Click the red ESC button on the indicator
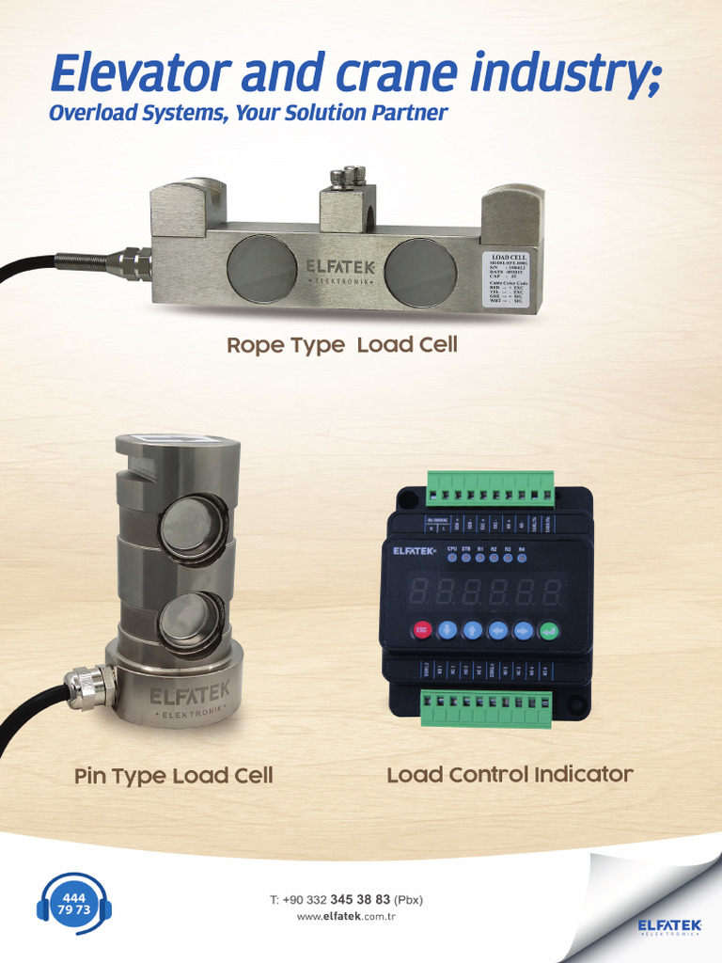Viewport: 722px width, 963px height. (x=422, y=630)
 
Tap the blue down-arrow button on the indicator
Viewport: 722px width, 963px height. (x=447, y=630)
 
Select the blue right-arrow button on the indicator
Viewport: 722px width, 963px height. (x=524, y=630)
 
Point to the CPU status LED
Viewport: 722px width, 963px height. (x=452, y=558)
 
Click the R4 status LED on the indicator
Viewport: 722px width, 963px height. (x=522, y=558)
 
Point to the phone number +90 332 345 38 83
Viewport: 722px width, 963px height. (x=346, y=899)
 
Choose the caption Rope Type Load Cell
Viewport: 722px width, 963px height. (x=341, y=345)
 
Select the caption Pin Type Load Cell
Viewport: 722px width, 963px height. (x=174, y=776)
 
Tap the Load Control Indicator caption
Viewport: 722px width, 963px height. (x=510, y=775)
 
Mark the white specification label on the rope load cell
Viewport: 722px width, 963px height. (x=510, y=278)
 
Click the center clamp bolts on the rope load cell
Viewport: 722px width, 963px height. (x=347, y=176)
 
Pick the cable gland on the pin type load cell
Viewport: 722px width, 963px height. (x=89, y=686)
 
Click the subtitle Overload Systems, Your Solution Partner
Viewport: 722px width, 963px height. (x=248, y=114)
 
